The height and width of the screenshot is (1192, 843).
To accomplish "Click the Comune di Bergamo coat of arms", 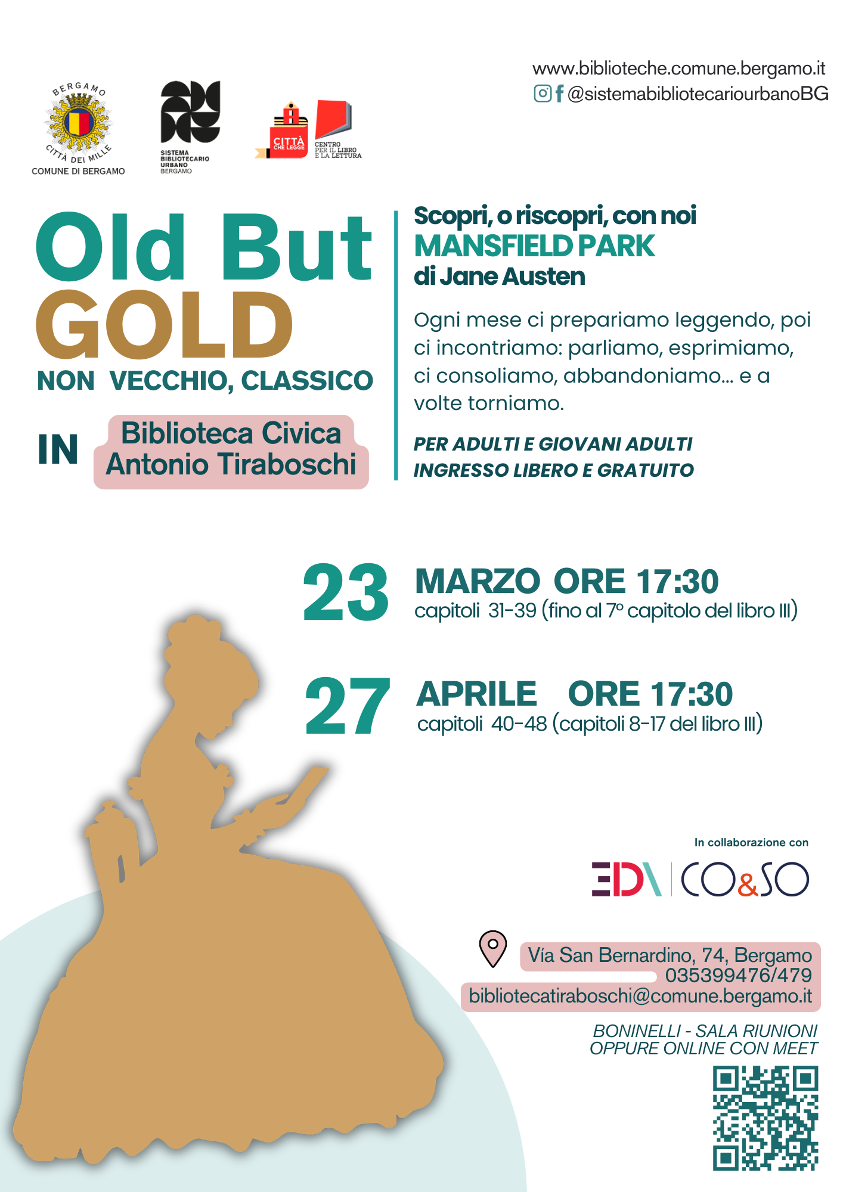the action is [78, 123].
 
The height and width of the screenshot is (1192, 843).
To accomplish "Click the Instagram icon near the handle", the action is [543, 94].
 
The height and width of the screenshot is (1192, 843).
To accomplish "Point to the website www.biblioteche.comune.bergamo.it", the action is [679, 69].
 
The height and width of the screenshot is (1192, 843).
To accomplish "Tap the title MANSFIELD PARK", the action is [535, 246].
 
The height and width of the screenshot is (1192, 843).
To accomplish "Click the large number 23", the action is [346, 592].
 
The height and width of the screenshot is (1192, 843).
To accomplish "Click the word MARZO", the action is [478, 581].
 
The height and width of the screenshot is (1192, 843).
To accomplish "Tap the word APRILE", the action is [477, 694].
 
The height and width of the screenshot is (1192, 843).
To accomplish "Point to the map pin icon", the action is [493, 949].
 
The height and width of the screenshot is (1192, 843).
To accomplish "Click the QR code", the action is [765, 1118].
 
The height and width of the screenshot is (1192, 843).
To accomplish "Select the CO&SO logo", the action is [745, 879].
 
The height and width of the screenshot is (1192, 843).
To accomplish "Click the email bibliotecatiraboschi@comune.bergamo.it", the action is [640, 996].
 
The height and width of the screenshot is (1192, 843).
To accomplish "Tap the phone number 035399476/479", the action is [739, 975].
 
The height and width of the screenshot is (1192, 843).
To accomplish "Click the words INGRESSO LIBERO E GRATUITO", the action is [554, 470].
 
